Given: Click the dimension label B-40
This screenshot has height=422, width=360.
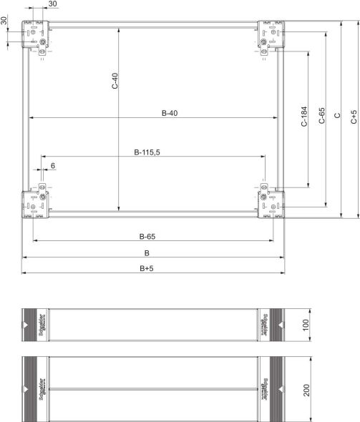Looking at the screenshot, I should (169, 113).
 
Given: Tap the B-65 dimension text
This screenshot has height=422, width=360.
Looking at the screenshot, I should (147, 236).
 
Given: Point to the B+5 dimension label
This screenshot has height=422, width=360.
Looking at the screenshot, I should (147, 268).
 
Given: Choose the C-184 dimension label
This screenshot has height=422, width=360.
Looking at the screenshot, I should (303, 117).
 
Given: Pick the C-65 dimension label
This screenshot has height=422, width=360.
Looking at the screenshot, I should (321, 117).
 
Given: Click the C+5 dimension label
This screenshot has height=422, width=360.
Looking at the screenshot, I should (354, 117).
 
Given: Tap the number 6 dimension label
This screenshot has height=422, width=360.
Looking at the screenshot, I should (52, 166).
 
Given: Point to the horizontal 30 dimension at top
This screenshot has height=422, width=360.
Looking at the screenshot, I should (54, 5).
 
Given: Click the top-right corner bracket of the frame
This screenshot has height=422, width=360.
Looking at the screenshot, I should (271, 37).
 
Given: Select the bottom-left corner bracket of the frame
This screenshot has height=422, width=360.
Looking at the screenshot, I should (36, 202).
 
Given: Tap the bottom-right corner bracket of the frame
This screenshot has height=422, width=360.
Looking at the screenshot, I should (271, 202).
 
